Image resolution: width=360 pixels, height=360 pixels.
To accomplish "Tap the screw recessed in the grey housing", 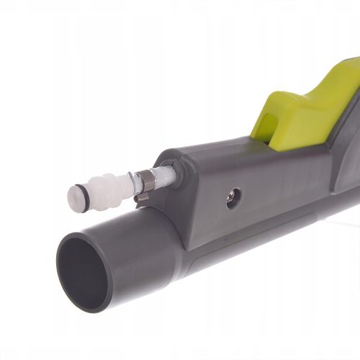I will [x=233, y=198].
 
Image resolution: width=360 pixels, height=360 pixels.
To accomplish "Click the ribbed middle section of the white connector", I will [x=114, y=187].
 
